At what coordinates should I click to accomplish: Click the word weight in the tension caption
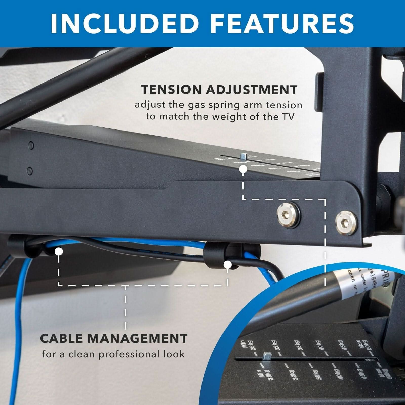point(228,117)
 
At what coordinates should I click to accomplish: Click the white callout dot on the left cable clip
point(59,252)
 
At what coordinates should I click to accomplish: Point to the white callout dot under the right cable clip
point(228,265)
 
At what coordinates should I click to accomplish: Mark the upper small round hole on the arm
point(31,145)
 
